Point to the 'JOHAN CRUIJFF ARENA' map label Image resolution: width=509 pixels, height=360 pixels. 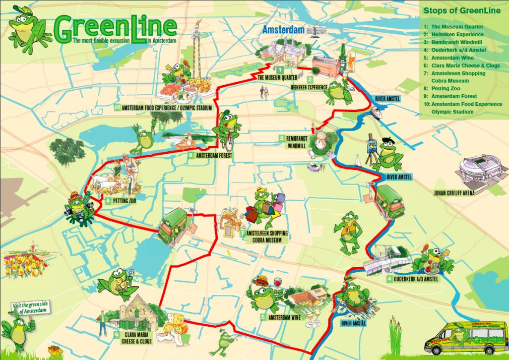tap(454, 192)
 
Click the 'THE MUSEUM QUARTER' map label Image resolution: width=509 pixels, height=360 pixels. tap(277, 78)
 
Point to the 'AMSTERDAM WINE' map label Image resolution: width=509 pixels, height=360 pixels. tap(284, 318)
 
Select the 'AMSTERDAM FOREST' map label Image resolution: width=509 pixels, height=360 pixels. tap(214, 156)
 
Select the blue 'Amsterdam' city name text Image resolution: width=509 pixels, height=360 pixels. tap(283, 29)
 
